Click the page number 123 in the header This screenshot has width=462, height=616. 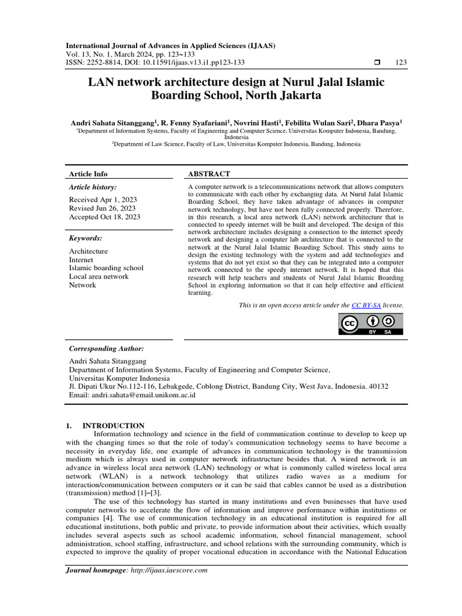click(x=401, y=63)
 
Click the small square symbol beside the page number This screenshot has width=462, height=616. click(x=377, y=63)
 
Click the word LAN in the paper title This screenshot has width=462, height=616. click(x=100, y=82)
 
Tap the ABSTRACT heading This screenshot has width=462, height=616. click(x=209, y=174)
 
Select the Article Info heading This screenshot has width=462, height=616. click(x=88, y=174)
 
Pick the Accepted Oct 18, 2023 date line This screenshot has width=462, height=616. click(x=105, y=217)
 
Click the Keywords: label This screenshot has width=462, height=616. click(x=85, y=238)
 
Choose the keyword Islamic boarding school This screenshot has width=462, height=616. click(x=106, y=268)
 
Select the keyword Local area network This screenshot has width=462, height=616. click(x=99, y=277)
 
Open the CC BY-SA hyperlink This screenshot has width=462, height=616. click(x=366, y=306)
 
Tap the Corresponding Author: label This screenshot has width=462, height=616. click(x=106, y=349)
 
